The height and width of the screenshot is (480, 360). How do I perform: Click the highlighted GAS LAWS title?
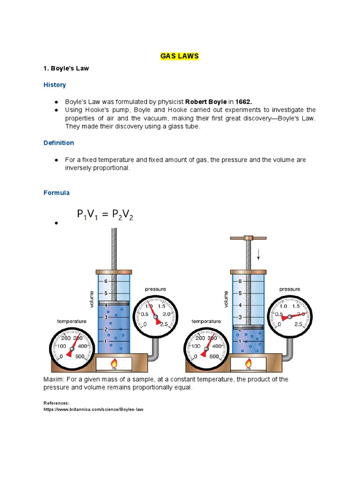pyautogui.click(x=180, y=56)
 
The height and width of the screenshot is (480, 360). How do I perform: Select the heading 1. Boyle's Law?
pyautogui.click(x=66, y=68)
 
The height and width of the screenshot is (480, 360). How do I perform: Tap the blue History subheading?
pyautogui.click(x=55, y=85)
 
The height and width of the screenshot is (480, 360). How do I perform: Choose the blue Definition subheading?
pyautogui.click(x=59, y=142)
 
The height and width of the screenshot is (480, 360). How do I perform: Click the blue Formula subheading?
pyautogui.click(x=57, y=193)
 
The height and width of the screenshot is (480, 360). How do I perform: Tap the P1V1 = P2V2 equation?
pyautogui.click(x=105, y=215)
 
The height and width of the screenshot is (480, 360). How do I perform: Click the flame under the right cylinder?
pyautogui.click(x=248, y=363)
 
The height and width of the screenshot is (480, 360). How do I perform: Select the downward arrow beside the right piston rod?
pyautogui.click(x=258, y=255)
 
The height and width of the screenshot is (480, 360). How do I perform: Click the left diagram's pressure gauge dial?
pyautogui.click(x=155, y=313)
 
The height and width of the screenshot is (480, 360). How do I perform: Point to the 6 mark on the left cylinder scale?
pyautogui.click(x=106, y=281)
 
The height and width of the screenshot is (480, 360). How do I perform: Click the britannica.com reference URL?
pyautogui.click(x=93, y=409)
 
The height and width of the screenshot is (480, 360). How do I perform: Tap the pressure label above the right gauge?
pyautogui.click(x=290, y=289)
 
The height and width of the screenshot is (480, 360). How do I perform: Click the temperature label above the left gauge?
pyautogui.click(x=72, y=321)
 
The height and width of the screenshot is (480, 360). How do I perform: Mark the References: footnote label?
pyautogui.click(x=56, y=403)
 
